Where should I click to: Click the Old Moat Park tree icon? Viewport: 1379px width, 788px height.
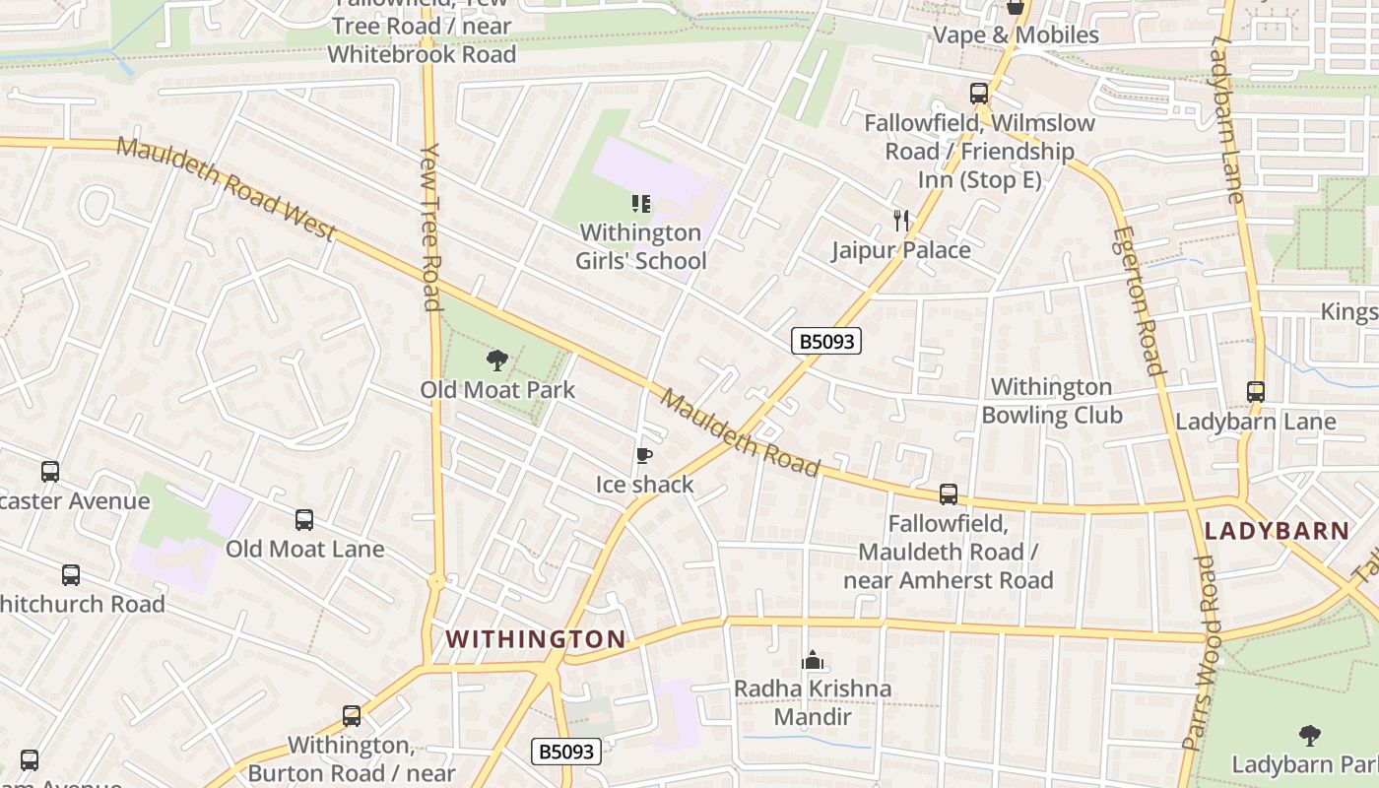click(x=496, y=361)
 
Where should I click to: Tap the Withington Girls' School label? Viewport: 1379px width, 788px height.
click(x=641, y=247)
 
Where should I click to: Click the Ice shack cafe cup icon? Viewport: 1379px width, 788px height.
click(x=643, y=455)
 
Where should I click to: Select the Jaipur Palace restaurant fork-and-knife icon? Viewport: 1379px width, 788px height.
click(x=900, y=220)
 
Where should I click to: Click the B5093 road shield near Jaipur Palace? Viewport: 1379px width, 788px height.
click(x=826, y=342)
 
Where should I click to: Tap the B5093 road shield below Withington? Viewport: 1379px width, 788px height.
click(x=566, y=753)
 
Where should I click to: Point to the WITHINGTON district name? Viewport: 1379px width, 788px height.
click(x=536, y=639)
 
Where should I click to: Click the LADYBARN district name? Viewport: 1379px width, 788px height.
click(x=1277, y=531)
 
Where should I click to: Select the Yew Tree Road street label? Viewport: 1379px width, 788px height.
click(x=430, y=227)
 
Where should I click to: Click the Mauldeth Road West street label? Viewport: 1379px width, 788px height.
click(x=227, y=190)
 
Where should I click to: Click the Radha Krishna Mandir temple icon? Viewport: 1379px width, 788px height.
click(x=812, y=659)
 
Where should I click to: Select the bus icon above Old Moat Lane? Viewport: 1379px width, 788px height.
click(x=304, y=519)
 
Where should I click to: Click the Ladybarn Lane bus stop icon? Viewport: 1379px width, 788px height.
click(x=1255, y=392)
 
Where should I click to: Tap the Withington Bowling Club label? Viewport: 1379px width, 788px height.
click(x=1052, y=401)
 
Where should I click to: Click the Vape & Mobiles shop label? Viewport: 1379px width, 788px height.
click(x=1016, y=35)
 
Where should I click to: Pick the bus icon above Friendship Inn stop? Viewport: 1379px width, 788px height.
click(x=978, y=94)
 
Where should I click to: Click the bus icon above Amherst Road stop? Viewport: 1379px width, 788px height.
click(x=948, y=493)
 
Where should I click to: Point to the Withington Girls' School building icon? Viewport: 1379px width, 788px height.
click(x=641, y=204)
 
